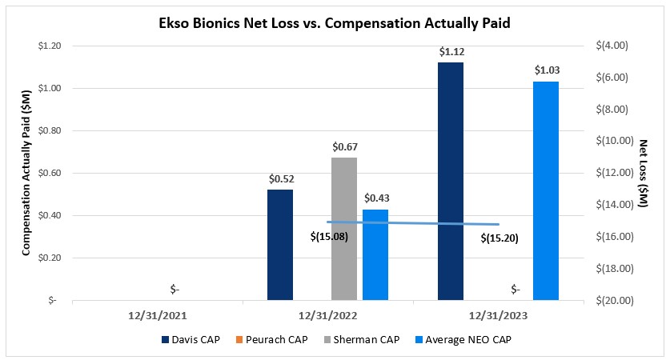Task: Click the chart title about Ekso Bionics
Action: [x=335, y=24]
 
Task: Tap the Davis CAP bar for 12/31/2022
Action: [x=280, y=245]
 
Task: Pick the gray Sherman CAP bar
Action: [x=344, y=229]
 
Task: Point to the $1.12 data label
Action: [x=451, y=52]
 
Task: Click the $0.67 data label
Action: [x=344, y=147]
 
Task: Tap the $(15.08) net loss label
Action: [x=330, y=237]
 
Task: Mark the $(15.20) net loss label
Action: [x=501, y=238]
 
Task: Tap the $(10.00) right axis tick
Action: [x=620, y=141]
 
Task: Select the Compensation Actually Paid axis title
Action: [x=26, y=173]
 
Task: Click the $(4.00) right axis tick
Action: [x=617, y=46]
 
